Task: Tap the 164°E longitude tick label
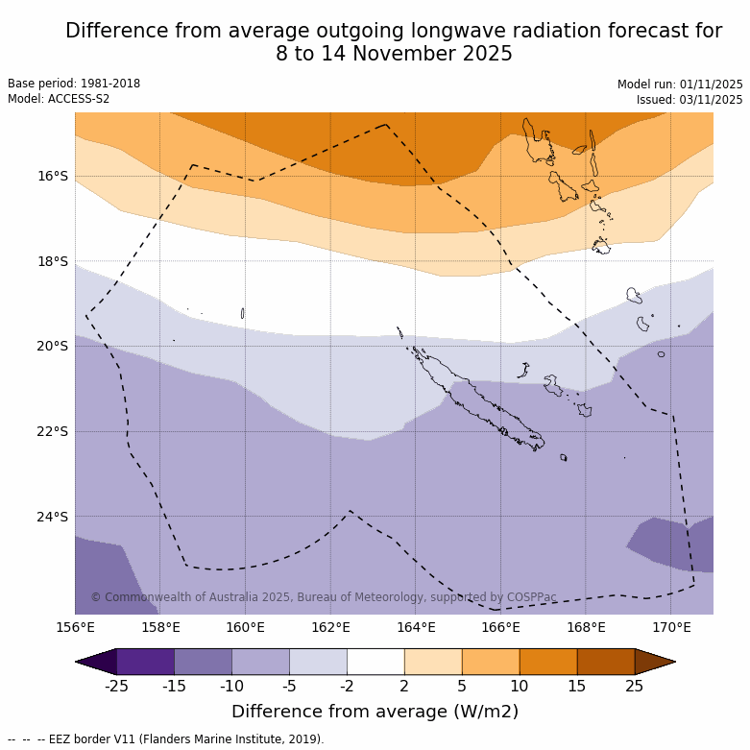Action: pos(416,628)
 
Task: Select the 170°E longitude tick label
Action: pos(671,628)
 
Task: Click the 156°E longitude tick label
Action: pos(75,628)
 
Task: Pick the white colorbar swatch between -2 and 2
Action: pos(375,662)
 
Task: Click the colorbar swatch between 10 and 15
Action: pos(548,662)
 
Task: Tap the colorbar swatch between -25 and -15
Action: pos(145,662)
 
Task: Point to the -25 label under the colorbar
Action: pos(116,686)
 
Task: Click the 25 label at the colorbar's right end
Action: pos(635,686)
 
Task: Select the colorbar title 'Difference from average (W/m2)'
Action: pos(375,712)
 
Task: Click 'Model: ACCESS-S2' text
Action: pos(59,99)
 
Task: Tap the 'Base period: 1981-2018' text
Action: pos(74,84)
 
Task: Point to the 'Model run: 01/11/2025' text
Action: pos(680,84)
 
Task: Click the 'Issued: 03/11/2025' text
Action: pos(690,99)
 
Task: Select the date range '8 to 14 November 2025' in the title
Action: pos(394,54)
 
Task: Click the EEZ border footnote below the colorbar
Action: pos(166,739)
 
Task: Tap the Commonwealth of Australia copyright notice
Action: pos(324,597)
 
